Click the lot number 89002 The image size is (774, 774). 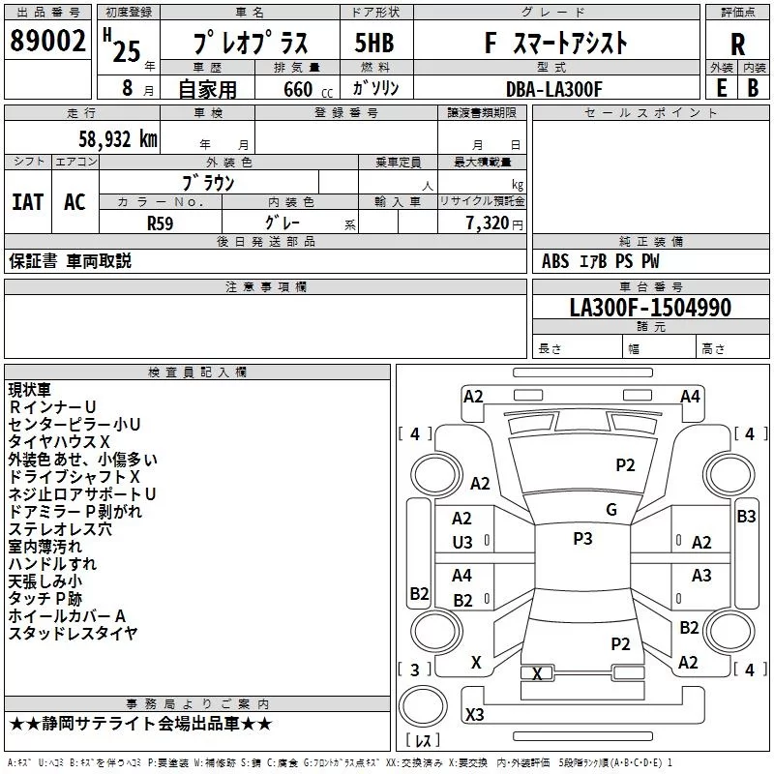point(47,43)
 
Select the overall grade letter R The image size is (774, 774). point(737,45)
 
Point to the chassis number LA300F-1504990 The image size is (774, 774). point(650,308)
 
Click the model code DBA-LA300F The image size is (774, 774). point(554,89)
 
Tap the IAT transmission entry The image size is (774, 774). point(27,202)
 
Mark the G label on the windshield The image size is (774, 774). point(611,510)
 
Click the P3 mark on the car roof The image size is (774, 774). point(582,539)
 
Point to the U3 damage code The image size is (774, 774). point(462,543)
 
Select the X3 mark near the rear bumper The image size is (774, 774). point(475,714)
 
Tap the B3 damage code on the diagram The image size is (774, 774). point(746,517)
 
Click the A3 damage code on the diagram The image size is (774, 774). point(701,576)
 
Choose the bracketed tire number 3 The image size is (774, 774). point(415,669)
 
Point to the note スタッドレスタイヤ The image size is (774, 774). point(73,634)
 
